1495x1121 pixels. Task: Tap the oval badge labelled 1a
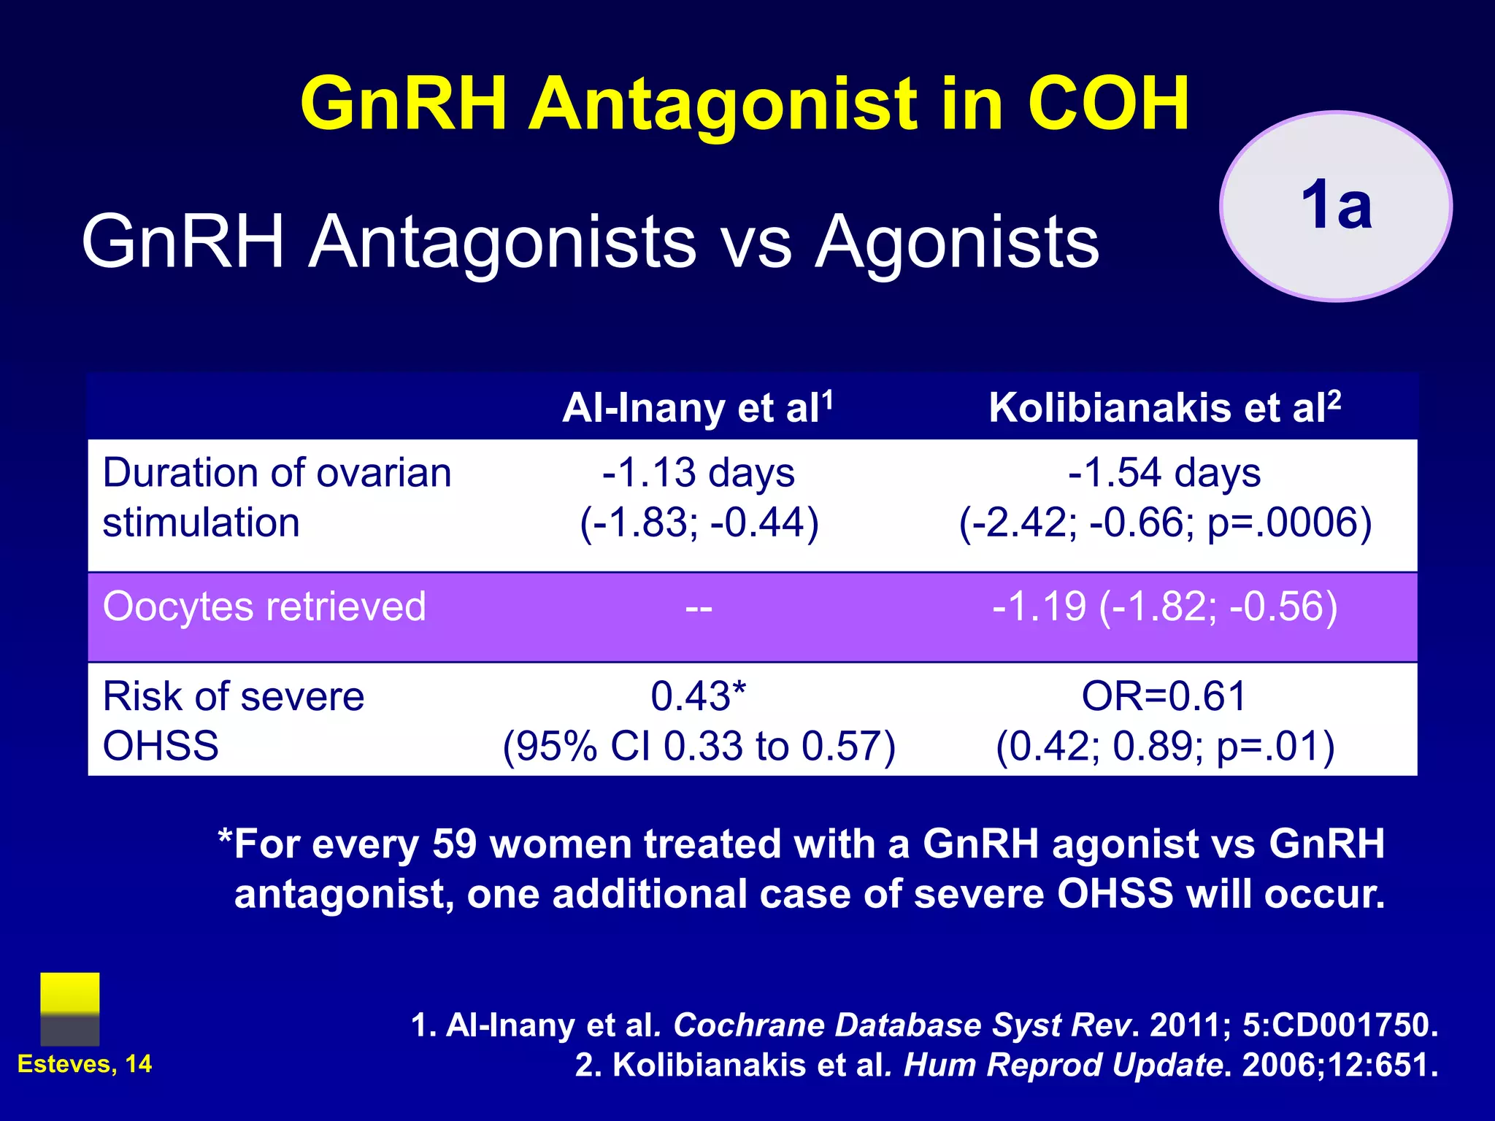click(1335, 206)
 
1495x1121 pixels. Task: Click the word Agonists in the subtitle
click(956, 242)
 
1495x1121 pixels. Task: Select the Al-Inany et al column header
click(697, 407)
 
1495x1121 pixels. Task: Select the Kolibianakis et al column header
click(1164, 407)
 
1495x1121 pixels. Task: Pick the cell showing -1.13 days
click(699, 473)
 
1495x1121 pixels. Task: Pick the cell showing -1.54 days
click(1164, 473)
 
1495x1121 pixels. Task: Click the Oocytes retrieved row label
click(264, 607)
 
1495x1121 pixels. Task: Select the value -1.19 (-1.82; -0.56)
click(1164, 607)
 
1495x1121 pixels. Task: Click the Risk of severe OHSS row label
click(234, 720)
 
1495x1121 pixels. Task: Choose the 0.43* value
click(699, 696)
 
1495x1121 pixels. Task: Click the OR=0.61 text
click(1164, 696)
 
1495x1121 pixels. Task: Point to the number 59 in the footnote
click(454, 844)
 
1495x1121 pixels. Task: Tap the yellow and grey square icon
click(70, 1009)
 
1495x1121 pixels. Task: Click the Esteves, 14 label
click(85, 1064)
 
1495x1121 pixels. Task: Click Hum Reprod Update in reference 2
click(1062, 1066)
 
